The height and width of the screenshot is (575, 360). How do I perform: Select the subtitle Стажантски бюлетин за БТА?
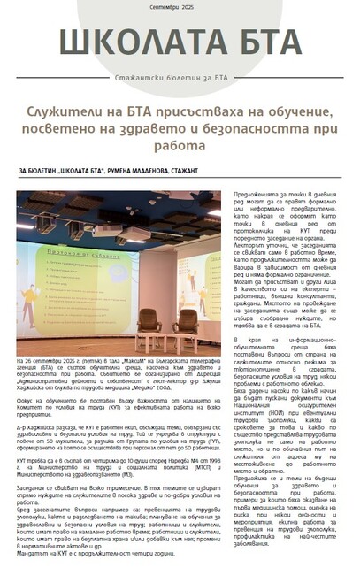pos(180,76)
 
